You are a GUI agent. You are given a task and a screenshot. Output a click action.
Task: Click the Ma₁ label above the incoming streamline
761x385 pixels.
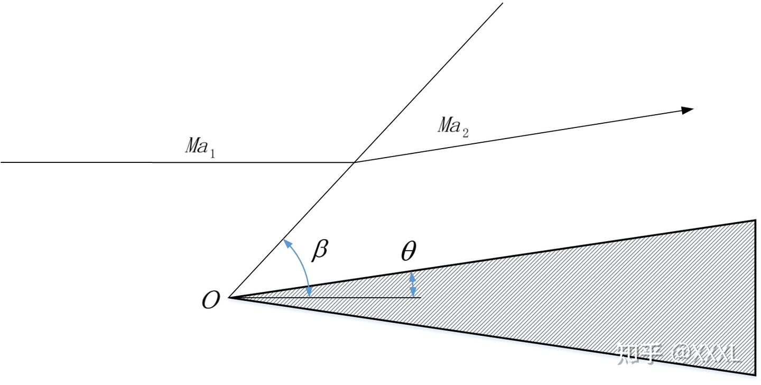pyautogui.click(x=200, y=147)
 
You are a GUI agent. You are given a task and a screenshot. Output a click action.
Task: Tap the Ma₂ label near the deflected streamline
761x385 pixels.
pyautogui.click(x=453, y=127)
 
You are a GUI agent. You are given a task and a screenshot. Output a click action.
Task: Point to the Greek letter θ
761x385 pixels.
pyautogui.click(x=409, y=251)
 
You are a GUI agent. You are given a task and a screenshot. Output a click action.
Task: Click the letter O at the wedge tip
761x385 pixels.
pyautogui.click(x=211, y=300)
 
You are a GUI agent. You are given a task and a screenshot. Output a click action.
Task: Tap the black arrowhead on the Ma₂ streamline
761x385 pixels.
pyautogui.click(x=687, y=110)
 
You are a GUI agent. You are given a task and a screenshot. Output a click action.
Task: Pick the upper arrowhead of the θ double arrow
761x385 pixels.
pyautogui.click(x=412, y=277)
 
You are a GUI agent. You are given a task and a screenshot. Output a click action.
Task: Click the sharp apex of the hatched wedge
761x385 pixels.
pyautogui.click(x=229, y=298)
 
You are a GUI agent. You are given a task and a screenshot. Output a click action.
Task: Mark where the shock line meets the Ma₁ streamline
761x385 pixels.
pyautogui.click(x=354, y=162)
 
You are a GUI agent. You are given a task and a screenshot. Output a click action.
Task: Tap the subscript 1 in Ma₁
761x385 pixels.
pyautogui.click(x=212, y=154)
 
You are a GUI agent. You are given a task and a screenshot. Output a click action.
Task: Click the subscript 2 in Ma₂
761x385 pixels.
pyautogui.click(x=466, y=133)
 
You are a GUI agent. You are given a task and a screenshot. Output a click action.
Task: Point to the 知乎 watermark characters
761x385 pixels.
pyautogui.click(x=639, y=354)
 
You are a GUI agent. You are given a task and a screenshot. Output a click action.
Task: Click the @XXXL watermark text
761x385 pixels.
pyautogui.click(x=707, y=354)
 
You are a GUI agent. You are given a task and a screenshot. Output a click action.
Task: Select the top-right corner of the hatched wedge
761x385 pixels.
pyautogui.click(x=755, y=221)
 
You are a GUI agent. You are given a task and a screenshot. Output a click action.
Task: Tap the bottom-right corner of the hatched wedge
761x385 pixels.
pyautogui.click(x=755, y=375)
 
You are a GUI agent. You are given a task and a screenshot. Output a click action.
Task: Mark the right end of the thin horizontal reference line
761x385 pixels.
pyautogui.click(x=421, y=298)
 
